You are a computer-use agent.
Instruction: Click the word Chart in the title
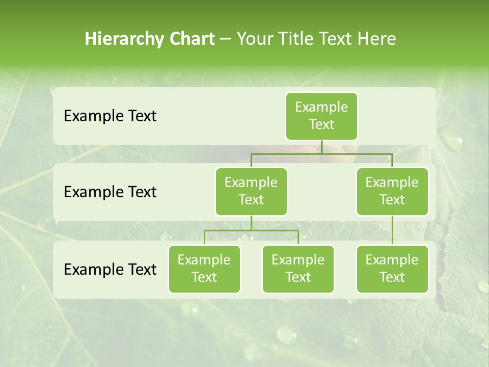point(192,39)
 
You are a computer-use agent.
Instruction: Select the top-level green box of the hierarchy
point(321,116)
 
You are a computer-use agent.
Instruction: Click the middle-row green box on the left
point(251,191)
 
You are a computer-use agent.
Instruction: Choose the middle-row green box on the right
point(392,191)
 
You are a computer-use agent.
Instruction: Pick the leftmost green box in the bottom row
point(204,269)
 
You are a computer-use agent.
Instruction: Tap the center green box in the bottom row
point(298,269)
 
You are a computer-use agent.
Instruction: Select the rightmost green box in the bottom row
point(392,269)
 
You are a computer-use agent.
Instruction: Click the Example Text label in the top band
point(110,116)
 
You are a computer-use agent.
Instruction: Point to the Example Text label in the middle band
point(110,192)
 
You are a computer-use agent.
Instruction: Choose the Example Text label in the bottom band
point(110,269)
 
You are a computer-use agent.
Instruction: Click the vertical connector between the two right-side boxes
point(392,230)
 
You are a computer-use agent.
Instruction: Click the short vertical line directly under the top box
point(321,147)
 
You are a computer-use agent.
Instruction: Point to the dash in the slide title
point(226,39)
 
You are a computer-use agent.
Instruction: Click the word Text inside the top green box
point(321,124)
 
